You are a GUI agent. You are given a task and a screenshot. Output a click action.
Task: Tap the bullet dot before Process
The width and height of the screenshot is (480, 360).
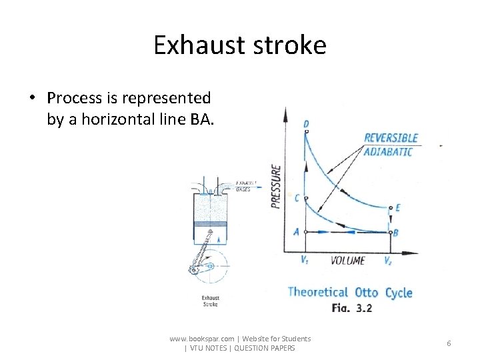pos(32,99)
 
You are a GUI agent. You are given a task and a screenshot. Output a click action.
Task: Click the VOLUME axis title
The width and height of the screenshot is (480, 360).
pos(347,261)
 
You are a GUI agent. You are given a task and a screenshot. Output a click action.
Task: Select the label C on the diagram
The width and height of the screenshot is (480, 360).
pos(297,198)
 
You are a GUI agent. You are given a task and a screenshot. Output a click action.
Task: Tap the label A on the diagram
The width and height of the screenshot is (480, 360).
pos(296,232)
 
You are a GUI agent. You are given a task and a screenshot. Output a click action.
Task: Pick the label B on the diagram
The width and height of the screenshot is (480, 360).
pos(396,233)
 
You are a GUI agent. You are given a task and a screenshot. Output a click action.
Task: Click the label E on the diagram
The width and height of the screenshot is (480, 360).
pos(397,207)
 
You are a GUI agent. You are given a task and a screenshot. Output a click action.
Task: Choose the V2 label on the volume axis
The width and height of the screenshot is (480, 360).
pos(388,261)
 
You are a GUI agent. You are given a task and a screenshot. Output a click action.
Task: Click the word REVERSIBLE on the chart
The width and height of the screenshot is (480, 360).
pos(391,138)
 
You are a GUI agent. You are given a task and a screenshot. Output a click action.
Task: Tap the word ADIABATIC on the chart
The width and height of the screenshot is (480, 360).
pos(388,152)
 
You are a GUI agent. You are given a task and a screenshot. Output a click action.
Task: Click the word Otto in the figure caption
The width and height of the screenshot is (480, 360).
pos(366,292)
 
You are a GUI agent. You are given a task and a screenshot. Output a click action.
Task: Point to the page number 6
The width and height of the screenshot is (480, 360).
pos(449,343)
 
